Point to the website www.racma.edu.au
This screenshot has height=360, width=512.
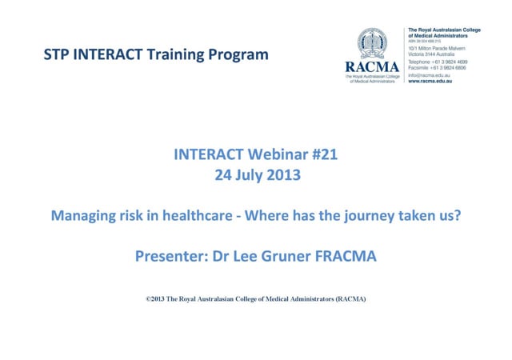[430, 82]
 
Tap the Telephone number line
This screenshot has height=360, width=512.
[438, 61]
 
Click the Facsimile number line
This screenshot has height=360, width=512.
[438, 67]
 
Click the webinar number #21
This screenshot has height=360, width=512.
[323, 156]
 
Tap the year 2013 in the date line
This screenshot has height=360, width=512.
[282, 176]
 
